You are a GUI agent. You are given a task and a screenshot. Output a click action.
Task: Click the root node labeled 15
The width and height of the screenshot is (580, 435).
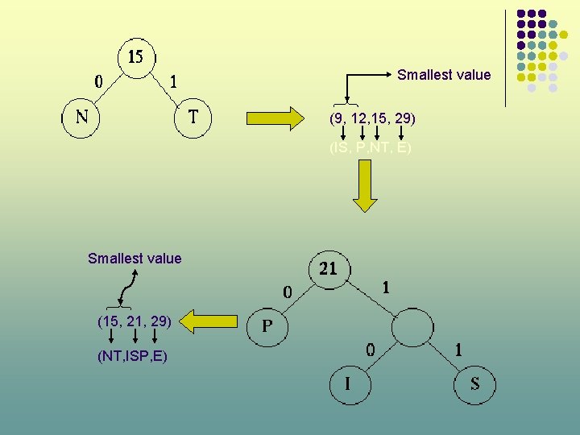click(136, 57)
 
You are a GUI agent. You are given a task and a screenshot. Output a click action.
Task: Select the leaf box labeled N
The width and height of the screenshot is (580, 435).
click(81, 118)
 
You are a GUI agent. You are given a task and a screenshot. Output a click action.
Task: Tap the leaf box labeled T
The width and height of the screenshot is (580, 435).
click(193, 118)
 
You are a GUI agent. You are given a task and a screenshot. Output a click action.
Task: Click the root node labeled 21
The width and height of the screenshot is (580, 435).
click(329, 268)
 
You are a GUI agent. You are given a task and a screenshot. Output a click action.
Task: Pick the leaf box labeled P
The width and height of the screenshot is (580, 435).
click(268, 327)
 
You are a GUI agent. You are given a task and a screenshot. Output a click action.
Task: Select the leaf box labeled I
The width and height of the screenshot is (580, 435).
click(347, 384)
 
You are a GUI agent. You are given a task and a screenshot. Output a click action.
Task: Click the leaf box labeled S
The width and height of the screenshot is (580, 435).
click(474, 384)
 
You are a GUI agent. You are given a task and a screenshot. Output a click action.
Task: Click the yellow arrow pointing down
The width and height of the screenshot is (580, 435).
click(366, 185)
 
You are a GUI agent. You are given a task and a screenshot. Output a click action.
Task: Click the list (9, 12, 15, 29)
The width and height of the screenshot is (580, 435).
click(372, 118)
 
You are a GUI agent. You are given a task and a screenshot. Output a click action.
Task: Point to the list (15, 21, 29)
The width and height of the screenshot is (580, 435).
click(134, 321)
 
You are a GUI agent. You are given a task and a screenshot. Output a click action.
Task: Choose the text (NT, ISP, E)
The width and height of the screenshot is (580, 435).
click(132, 355)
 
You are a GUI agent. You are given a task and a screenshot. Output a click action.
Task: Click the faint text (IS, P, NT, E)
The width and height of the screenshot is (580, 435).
click(371, 148)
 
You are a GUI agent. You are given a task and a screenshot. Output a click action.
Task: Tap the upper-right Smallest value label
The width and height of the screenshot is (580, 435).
click(444, 75)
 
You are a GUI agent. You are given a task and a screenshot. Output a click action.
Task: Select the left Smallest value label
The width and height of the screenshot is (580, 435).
click(135, 259)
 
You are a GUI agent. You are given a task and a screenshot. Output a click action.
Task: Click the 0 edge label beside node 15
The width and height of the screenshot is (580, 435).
click(98, 81)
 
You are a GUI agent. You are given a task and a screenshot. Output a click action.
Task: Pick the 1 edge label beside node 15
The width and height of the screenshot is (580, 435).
click(174, 81)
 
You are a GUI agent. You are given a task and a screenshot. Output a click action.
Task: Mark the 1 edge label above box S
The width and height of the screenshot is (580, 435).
click(458, 350)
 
